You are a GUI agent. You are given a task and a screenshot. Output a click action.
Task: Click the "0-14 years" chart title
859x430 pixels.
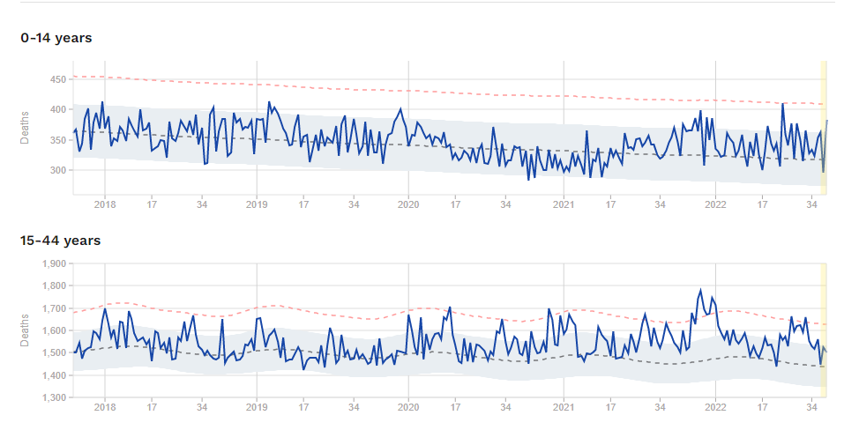pyautogui.click(x=56, y=38)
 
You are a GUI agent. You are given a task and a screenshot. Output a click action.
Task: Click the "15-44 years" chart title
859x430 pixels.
pyautogui.click(x=60, y=240)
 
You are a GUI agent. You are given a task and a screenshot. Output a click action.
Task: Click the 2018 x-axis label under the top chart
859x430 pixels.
pyautogui.click(x=104, y=205)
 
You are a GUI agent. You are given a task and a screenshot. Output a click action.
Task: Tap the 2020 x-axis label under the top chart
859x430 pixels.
pyautogui.click(x=409, y=205)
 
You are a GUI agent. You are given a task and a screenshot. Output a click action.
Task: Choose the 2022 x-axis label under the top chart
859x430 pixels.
pyautogui.click(x=715, y=205)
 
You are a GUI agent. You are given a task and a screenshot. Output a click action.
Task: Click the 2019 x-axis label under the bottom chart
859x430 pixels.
pyautogui.click(x=257, y=408)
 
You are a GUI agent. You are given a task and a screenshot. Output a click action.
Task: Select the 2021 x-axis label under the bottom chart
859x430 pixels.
pyautogui.click(x=563, y=408)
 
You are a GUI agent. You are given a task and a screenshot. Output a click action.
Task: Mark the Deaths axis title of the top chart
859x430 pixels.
pyautogui.click(x=25, y=126)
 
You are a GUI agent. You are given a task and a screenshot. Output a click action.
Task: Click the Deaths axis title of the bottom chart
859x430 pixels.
pyautogui.click(x=25, y=330)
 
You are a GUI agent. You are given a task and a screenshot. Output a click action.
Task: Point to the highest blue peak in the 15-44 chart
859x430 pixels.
pyautogui.click(x=701, y=290)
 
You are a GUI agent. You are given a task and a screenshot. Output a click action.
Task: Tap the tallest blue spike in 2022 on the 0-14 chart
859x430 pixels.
pyautogui.click(x=782, y=103)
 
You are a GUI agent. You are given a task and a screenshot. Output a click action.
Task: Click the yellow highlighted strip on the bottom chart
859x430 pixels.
pyautogui.click(x=824, y=330)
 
